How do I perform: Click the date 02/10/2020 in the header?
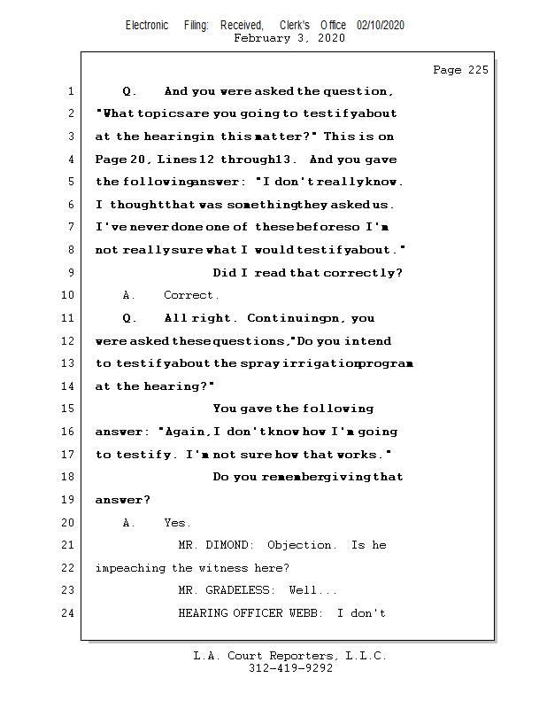381,26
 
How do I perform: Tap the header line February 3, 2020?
289,38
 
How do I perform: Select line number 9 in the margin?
70,273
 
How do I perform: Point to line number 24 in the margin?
67,612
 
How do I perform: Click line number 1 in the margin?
70,91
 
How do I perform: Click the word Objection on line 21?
302,545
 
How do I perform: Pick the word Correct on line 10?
191,295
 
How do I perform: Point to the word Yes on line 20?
177,523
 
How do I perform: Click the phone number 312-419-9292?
289,668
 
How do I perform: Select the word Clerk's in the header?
295,26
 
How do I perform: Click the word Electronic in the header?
147,26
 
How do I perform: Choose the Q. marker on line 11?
129,318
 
